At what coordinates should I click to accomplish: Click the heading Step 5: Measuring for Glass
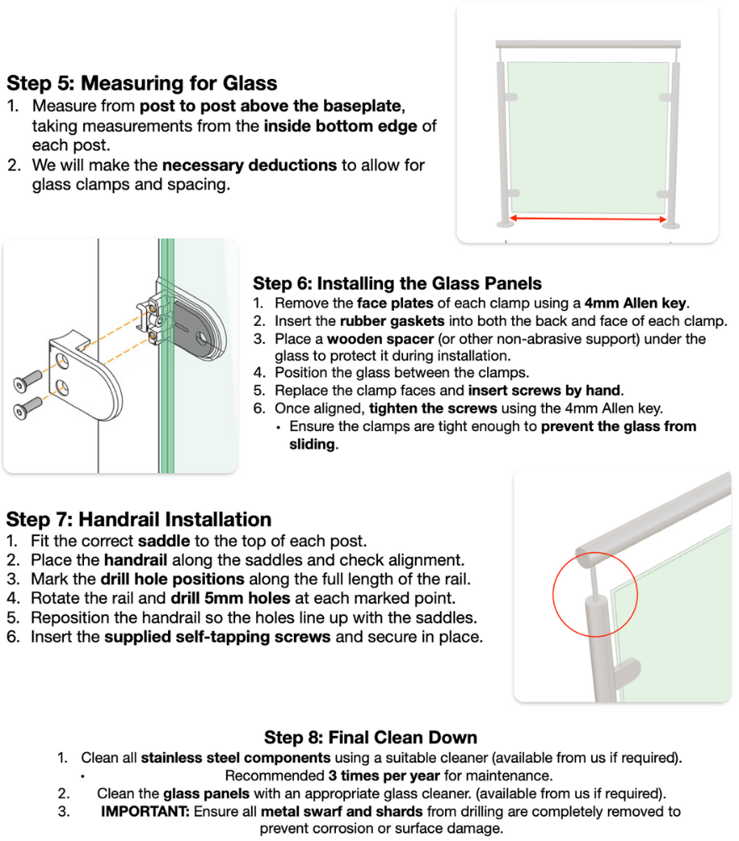pyautogui.click(x=142, y=83)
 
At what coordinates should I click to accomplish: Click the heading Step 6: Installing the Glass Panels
pyautogui.click(x=397, y=283)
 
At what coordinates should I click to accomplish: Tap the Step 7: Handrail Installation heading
pyautogui.click(x=139, y=519)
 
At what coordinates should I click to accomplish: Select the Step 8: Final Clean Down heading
pyautogui.click(x=369, y=738)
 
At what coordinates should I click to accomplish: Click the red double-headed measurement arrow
pyautogui.click(x=588, y=219)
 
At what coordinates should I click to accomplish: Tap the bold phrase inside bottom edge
pyautogui.click(x=341, y=127)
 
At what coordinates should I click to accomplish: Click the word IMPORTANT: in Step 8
pyautogui.click(x=145, y=812)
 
